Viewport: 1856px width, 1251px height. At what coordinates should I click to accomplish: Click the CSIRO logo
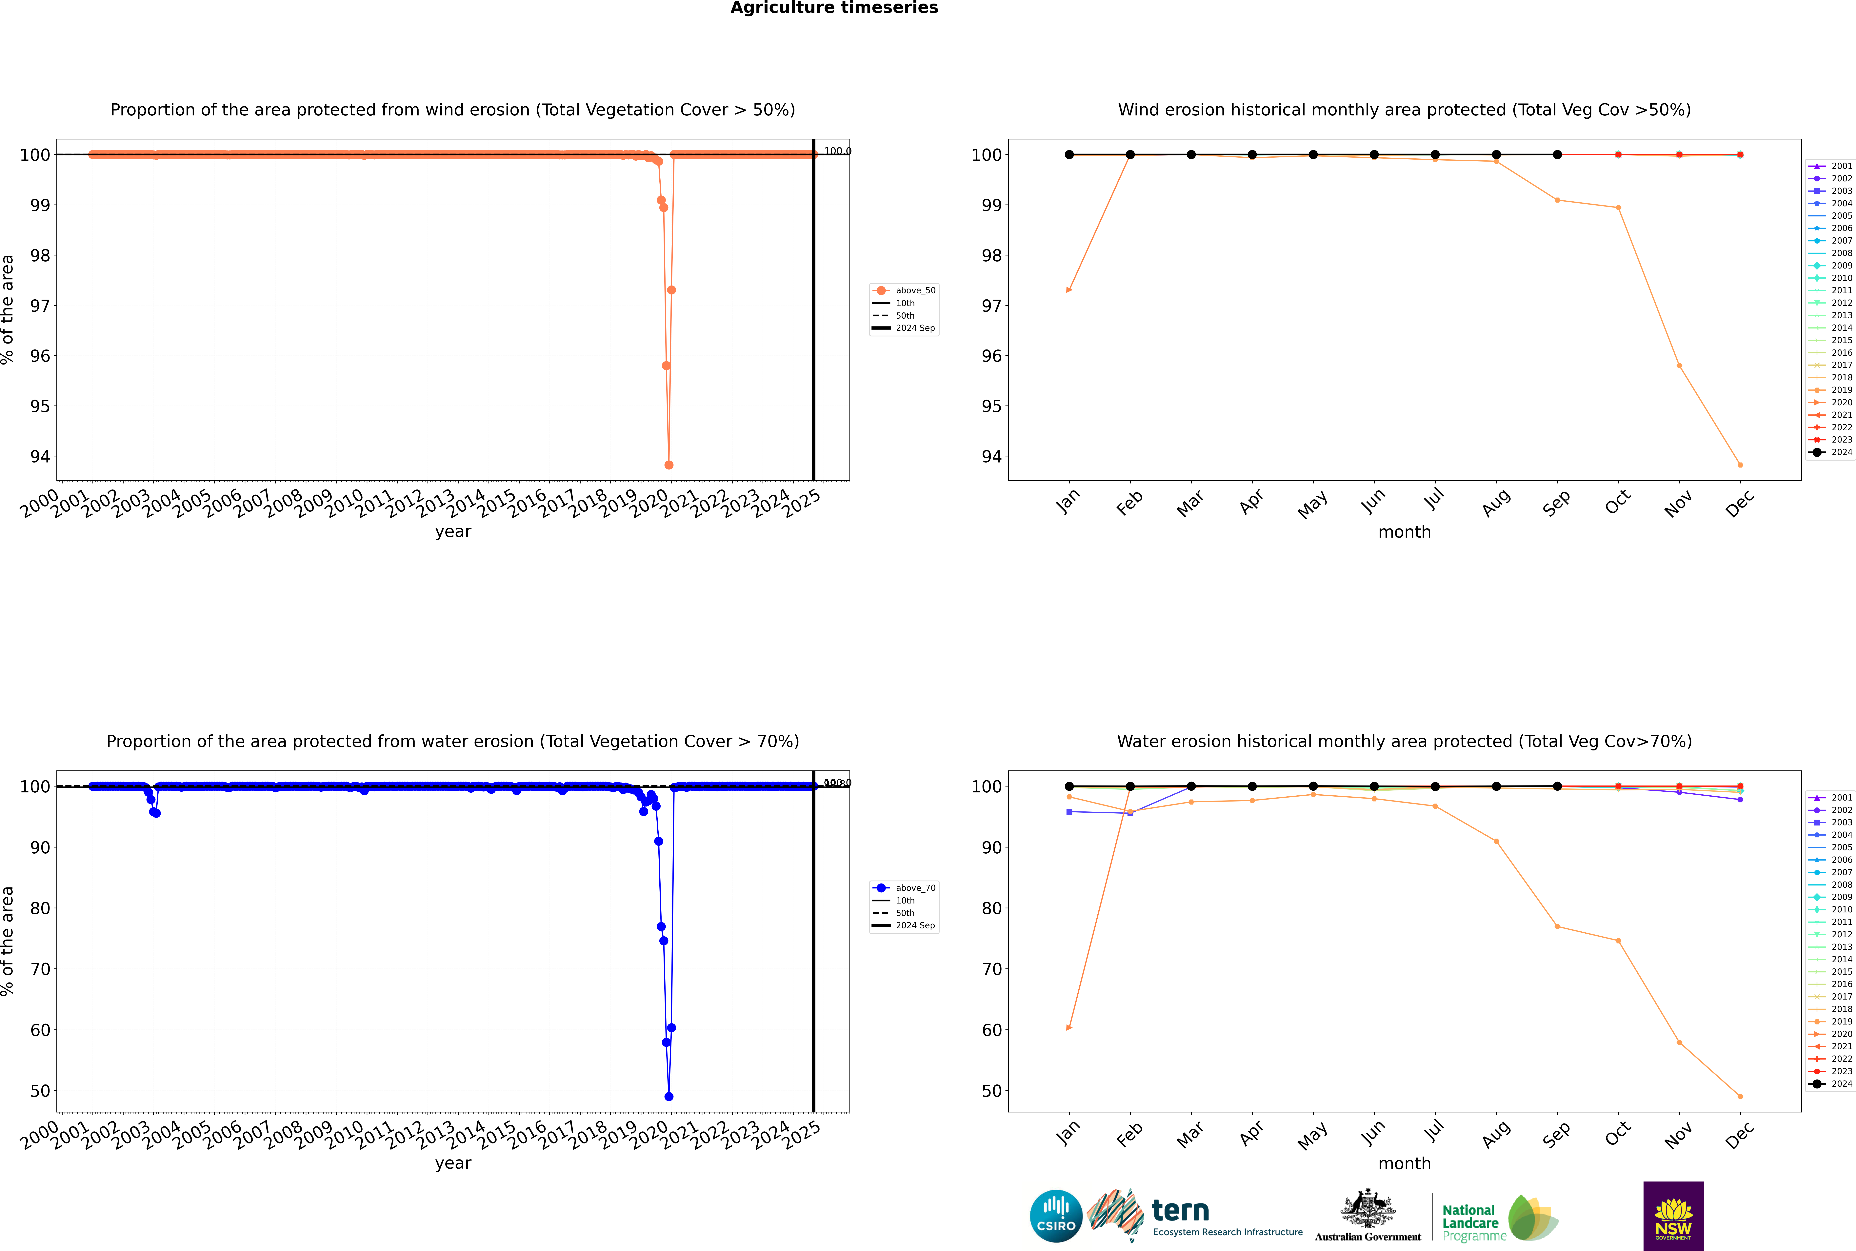(1056, 1216)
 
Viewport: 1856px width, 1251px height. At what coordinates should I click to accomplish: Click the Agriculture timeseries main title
(834, 8)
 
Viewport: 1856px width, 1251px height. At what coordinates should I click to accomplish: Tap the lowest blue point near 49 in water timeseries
(669, 1096)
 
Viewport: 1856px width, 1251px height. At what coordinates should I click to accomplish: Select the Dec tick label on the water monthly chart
(1740, 1134)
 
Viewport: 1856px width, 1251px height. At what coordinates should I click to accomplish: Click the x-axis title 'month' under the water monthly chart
(1404, 1163)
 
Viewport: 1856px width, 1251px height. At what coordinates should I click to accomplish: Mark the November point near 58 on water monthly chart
(1679, 1042)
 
